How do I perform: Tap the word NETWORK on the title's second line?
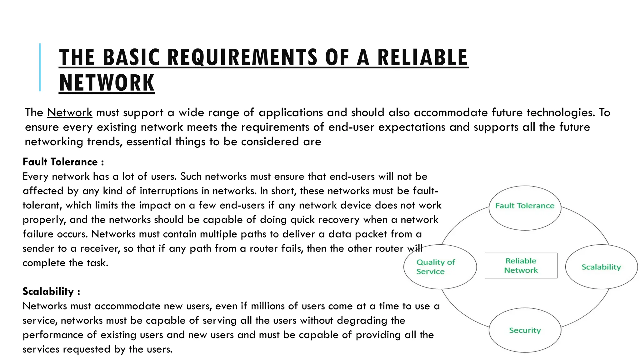[107, 83]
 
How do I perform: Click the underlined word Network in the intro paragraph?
[70, 112]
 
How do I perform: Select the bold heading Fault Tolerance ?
[63, 162]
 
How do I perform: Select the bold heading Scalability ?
[51, 291]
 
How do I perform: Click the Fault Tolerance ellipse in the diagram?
[525, 208]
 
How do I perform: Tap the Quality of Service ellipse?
[440, 267]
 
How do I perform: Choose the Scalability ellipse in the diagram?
[601, 267]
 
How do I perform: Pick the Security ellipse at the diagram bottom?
[525, 330]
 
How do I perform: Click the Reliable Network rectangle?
[521, 265]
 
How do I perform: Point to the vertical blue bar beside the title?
[40, 67]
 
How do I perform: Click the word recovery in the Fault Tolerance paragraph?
[340, 220]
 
